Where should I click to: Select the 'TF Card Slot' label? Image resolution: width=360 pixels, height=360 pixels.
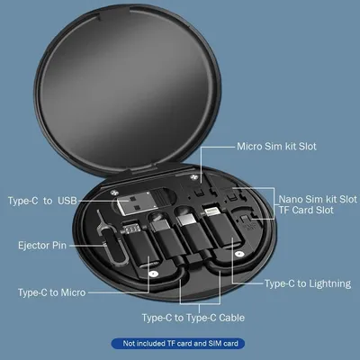point(306,210)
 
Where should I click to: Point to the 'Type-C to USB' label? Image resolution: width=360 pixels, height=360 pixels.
point(43,199)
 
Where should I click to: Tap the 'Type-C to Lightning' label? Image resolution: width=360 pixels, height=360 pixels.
point(307,283)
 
